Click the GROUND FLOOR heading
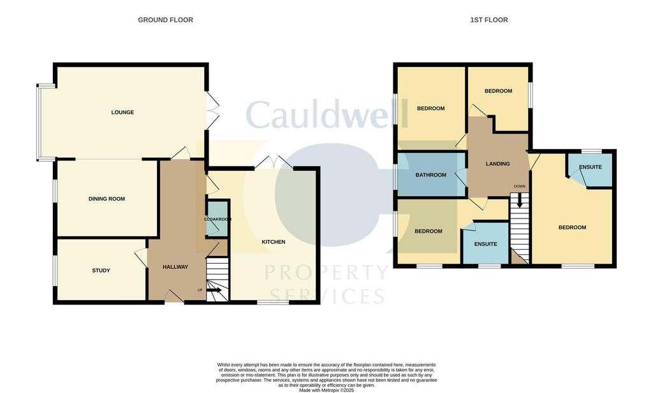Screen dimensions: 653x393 coord(165,20)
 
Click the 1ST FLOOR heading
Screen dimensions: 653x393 coord(489,20)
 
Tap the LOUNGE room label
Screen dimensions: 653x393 coord(122,112)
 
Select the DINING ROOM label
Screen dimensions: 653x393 coord(106,199)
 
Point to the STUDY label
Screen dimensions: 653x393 coord(101,270)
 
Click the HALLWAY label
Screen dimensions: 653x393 coord(175,267)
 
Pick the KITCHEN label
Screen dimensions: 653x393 coord(273,242)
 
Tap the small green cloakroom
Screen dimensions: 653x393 coord(217,218)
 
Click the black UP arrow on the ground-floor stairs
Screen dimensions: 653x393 coord(214,289)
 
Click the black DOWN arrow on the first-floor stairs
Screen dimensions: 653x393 coord(519,201)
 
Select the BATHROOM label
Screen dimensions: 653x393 coord(430,175)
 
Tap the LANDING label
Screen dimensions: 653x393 coord(497,164)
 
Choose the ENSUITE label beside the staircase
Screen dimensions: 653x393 coord(485,244)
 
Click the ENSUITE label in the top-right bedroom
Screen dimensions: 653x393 coord(591,167)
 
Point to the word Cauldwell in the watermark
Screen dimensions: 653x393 coord(326,114)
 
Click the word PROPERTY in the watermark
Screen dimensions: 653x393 coord(326,273)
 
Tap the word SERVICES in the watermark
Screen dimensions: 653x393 coord(326,297)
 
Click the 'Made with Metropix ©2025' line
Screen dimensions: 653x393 coord(326,390)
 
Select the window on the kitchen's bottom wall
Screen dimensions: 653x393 coord(273,303)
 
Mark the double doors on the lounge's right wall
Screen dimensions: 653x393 coord(212,110)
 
